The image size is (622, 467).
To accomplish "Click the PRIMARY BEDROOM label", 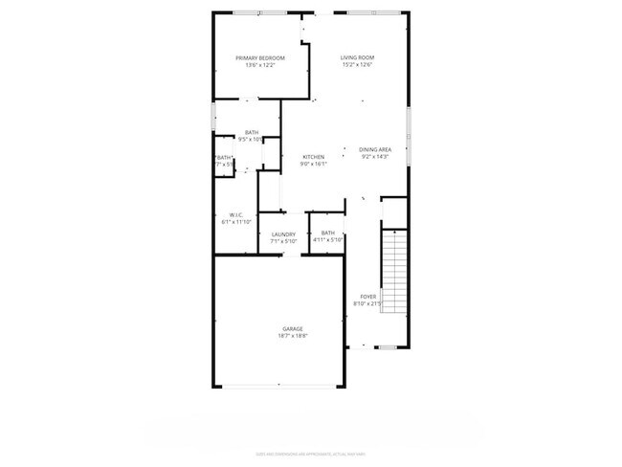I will (x=260, y=57).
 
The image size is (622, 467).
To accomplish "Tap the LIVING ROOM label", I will (x=356, y=57).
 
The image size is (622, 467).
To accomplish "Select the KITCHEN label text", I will (x=314, y=157).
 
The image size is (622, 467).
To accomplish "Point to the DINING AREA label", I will (x=375, y=149).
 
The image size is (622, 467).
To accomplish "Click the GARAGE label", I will (x=293, y=328).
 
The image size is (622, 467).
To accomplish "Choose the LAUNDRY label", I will (x=283, y=233).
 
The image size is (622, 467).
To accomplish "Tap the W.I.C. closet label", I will (x=236, y=214).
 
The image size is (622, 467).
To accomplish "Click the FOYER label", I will (x=368, y=297).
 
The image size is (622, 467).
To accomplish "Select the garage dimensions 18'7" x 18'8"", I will (x=293, y=336).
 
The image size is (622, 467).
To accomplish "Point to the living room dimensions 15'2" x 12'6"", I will (x=356, y=65).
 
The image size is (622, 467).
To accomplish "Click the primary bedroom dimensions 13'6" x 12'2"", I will (x=260, y=65).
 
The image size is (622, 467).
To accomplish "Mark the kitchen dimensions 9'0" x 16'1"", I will (x=314, y=165).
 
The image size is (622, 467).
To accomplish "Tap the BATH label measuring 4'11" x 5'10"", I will (x=328, y=233).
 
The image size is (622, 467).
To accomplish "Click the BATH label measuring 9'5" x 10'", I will (x=251, y=132).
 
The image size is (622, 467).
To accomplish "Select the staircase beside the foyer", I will (x=394, y=271).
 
